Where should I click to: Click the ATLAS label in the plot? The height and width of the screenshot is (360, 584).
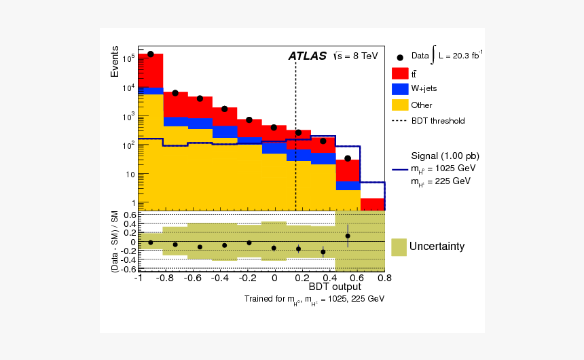[x=307, y=56]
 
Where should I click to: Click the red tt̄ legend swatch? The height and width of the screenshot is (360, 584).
[x=399, y=73]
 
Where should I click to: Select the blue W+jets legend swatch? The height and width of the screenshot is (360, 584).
[x=399, y=89]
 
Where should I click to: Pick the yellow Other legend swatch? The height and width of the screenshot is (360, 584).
[x=399, y=105]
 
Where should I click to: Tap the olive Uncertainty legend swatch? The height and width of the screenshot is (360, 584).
[x=399, y=247]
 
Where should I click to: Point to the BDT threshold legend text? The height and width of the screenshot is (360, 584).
[x=437, y=121]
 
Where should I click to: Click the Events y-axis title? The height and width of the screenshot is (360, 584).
[x=115, y=64]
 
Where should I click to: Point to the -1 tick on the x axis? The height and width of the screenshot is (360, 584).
[x=138, y=278]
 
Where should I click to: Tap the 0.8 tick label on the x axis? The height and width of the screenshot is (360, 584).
[x=384, y=278]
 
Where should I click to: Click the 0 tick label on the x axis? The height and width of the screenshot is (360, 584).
[x=274, y=278]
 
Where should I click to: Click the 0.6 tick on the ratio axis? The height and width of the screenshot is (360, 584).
[x=129, y=215]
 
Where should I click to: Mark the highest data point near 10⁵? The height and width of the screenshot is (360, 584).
[x=151, y=54]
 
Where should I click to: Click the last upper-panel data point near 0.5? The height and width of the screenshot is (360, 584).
[x=348, y=158]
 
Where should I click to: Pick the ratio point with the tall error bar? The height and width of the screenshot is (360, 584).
[x=348, y=236]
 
